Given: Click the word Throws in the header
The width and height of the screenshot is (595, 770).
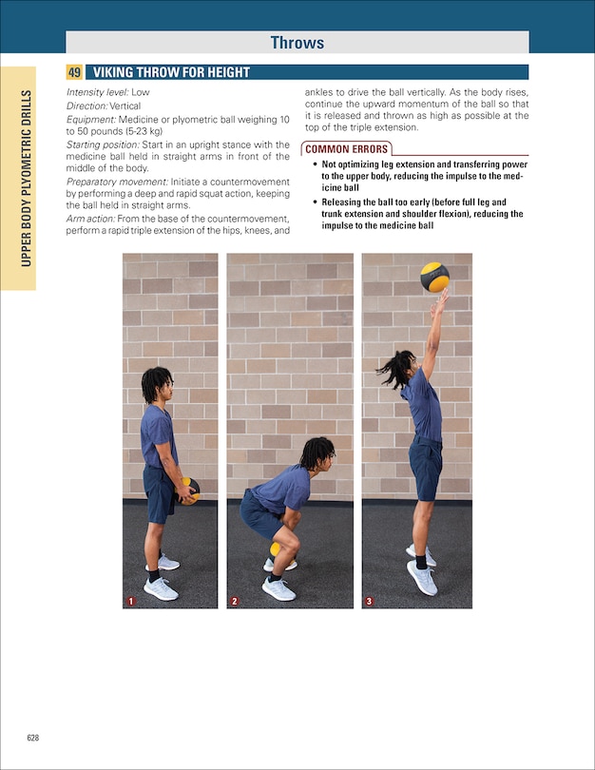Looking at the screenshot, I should tap(297, 42).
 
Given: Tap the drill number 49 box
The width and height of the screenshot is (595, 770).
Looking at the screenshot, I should tap(74, 72).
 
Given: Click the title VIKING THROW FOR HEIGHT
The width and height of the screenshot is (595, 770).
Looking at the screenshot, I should tap(171, 72).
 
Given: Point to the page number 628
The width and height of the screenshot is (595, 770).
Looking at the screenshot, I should tap(32, 738).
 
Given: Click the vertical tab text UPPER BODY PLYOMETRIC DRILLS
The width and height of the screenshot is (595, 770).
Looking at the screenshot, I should tap(28, 178).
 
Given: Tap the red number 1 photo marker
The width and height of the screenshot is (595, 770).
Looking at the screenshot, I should tap(130, 601).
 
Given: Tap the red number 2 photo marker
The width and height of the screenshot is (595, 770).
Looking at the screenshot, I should tap(234, 601).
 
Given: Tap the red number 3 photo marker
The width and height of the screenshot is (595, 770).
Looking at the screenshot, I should tap(369, 601).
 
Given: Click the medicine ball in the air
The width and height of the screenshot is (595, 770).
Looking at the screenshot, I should tap(434, 277).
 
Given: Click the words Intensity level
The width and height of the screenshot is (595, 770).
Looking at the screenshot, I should tap(96, 92).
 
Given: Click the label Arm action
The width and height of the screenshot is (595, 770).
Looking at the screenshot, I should tap(90, 219).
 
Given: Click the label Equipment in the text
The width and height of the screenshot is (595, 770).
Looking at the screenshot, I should tap(90, 119).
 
